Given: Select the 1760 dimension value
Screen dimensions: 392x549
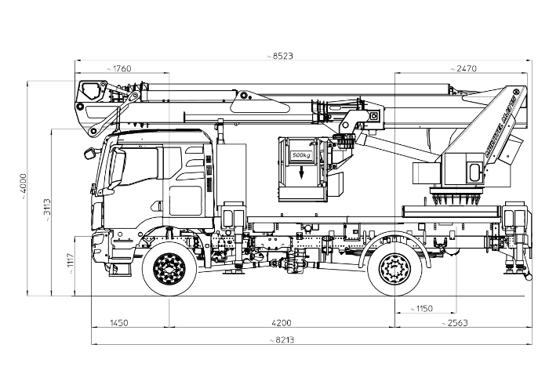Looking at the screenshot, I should (x=122, y=69).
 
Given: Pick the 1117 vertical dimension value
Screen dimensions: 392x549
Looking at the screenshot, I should (x=71, y=260).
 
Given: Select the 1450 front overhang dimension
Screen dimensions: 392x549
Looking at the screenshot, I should (x=119, y=322).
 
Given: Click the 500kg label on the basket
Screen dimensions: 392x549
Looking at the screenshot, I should (x=301, y=156).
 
